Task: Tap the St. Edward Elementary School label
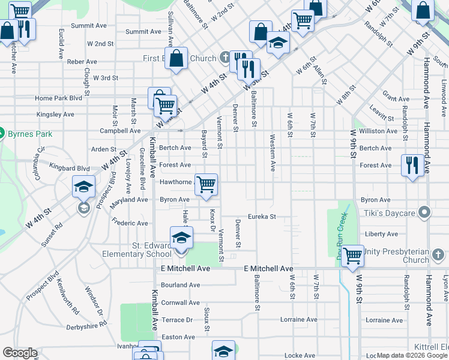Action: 152,250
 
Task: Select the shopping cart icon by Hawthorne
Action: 206,184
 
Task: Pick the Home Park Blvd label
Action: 58,98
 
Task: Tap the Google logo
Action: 20,353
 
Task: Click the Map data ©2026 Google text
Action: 412,356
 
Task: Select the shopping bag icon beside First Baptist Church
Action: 176,59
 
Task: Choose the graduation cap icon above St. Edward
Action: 181,237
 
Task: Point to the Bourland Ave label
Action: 180,285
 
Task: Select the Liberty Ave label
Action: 381,234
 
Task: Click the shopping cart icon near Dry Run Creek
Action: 352,255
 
